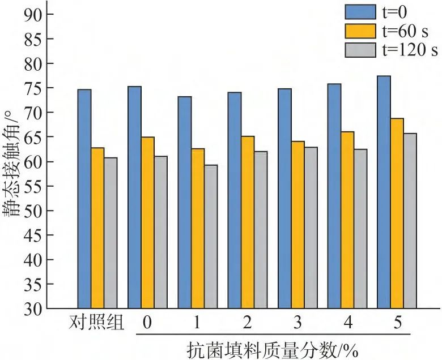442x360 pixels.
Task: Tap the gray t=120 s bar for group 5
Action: [x=410, y=221]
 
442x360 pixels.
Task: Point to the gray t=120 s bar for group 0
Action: [x=160, y=232]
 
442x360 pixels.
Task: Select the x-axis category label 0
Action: [x=147, y=323]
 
